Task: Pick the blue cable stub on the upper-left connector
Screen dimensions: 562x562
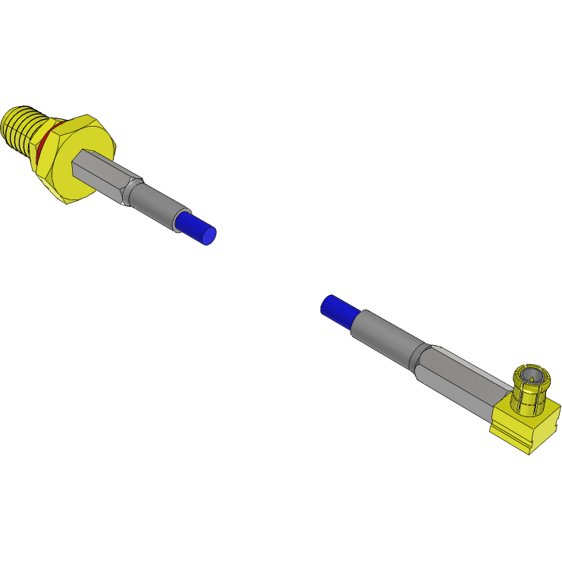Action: click(x=196, y=226)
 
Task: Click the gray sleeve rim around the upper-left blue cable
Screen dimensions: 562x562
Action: click(x=179, y=221)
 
